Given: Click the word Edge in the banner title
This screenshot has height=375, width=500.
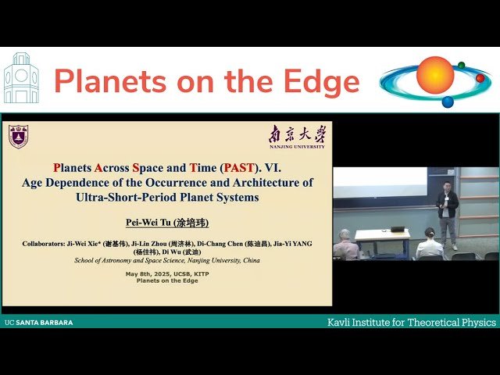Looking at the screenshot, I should tap(321, 82).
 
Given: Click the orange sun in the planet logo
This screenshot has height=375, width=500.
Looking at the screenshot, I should tap(434, 75).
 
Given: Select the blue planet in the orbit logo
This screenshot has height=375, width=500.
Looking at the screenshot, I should tap(448, 102).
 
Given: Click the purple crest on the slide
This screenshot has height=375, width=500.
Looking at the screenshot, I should tap(18, 136).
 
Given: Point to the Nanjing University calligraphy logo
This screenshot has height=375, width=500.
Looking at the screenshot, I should tap(296, 134).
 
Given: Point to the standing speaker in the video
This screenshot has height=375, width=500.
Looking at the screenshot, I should tap(447, 212).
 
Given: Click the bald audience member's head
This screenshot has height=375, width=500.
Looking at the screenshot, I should tap(345, 236).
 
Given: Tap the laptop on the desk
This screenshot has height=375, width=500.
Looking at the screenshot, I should tap(397, 230).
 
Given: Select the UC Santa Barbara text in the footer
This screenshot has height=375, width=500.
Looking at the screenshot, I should tap(39, 322).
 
